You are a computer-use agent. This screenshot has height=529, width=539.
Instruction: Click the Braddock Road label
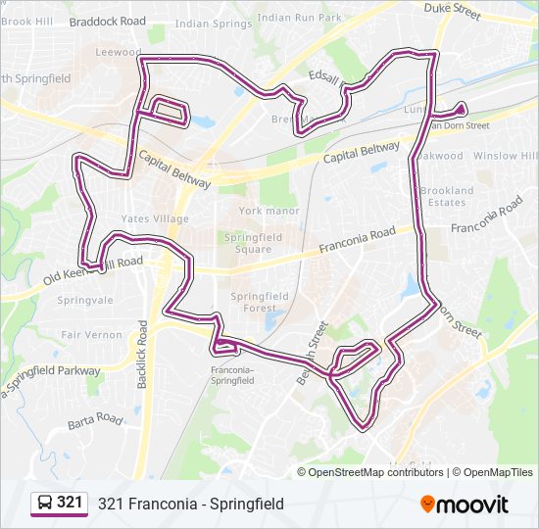pyautogui.click(x=108, y=21)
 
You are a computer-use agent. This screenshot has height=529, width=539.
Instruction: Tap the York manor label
pyautogui.click(x=268, y=211)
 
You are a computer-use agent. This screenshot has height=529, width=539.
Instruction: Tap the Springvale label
pyautogui.click(x=85, y=301)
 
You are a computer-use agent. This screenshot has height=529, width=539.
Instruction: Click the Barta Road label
pyautogui.click(x=94, y=421)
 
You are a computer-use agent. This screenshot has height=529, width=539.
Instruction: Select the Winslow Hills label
pyautogui.click(x=504, y=156)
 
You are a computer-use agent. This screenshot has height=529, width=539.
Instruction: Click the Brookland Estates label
pyautogui.click(x=446, y=196)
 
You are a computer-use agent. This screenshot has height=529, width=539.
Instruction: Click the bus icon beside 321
pyautogui.click(x=45, y=504)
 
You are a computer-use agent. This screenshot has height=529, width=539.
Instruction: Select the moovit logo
pyautogui.click(x=465, y=504)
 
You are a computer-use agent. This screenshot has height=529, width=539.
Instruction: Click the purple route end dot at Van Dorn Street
pyautogui.click(x=461, y=110)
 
